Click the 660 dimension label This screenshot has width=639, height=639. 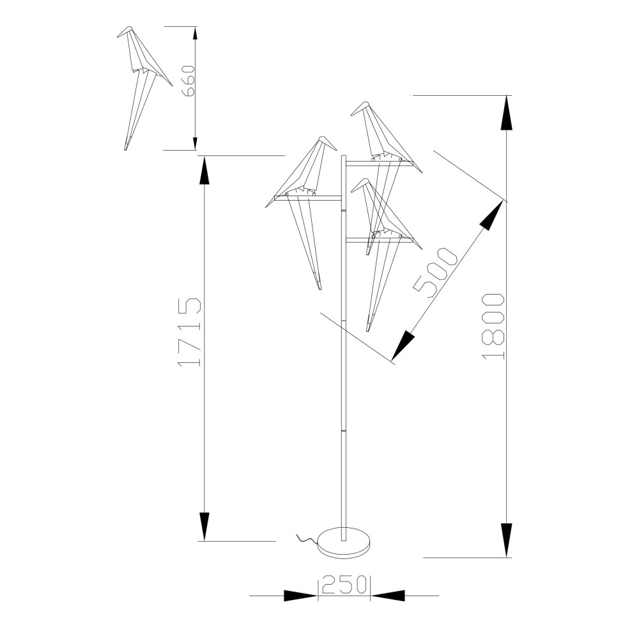point(190,81)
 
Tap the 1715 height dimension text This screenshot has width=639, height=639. point(190,332)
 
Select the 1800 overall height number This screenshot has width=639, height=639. point(493,327)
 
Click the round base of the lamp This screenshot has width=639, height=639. point(344,543)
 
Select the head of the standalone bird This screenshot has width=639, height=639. point(125,31)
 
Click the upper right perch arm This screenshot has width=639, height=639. point(380,164)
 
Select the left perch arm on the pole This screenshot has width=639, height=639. point(308,199)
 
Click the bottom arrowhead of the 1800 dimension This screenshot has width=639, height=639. point(506,540)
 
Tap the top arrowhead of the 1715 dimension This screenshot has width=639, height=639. point(204,173)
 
